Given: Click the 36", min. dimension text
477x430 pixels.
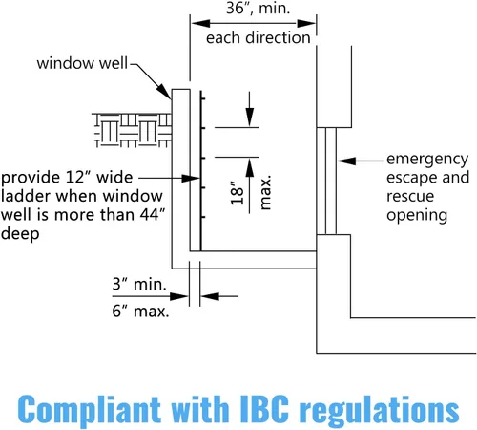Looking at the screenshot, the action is [x=258, y=8].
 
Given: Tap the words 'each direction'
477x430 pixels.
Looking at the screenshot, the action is [x=258, y=37].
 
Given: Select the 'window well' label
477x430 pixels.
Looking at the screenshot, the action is [x=82, y=63].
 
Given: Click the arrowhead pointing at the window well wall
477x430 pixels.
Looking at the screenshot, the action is [x=164, y=92].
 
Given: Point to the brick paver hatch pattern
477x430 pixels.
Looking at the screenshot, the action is [x=133, y=130].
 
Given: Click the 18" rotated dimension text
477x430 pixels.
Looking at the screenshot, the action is [x=237, y=193].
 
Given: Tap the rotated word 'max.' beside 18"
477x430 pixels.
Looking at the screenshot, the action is [x=265, y=192].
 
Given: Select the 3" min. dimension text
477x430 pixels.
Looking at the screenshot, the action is [x=139, y=284].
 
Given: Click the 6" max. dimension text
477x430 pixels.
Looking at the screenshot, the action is [x=140, y=311].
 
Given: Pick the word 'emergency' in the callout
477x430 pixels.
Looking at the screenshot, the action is [x=427, y=160].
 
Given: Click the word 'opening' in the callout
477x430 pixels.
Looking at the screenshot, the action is [x=417, y=216].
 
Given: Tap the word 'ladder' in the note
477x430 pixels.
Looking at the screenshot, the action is [x=27, y=196].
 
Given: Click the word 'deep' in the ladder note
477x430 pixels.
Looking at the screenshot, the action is [x=20, y=234].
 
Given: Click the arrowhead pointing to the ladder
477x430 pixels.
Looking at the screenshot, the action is [x=191, y=178].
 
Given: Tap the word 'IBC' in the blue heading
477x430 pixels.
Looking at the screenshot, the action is [x=264, y=409].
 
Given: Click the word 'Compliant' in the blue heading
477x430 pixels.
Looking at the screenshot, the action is [x=89, y=409].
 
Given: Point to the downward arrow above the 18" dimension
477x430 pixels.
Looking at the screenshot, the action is [x=250, y=109].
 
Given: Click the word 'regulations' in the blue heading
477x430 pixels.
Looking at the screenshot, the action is [x=380, y=410].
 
